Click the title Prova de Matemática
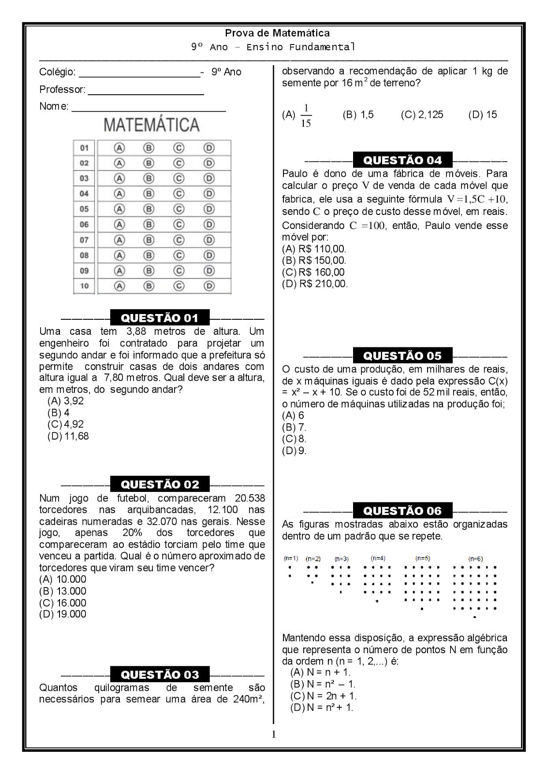277,33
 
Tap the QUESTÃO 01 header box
160,318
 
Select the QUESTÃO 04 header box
402,160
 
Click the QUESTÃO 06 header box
402,511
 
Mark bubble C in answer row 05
179,209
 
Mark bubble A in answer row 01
119,148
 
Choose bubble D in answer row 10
209,286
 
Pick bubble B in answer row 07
149,240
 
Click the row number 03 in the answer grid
85,178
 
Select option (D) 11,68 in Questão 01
68,436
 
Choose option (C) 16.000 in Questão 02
63,603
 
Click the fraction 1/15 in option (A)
306,115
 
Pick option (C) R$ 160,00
313,272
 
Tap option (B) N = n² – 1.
323,684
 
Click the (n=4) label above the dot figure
378,558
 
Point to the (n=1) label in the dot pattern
291,558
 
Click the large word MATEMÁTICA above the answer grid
151,125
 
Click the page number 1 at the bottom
274,735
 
